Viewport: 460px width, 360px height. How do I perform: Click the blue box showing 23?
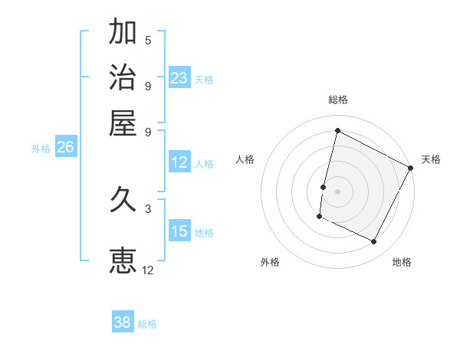pyautogui.click(x=179, y=78)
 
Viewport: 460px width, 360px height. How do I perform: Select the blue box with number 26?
pyautogui.click(x=65, y=148)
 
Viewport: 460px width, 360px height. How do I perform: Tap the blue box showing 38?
pyautogui.click(x=123, y=322)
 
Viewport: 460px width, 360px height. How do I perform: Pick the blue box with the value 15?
pyautogui.click(x=179, y=231)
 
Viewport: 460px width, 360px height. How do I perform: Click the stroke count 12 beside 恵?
pyautogui.click(x=148, y=270)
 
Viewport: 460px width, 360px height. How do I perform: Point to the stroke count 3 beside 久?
pyautogui.click(x=148, y=208)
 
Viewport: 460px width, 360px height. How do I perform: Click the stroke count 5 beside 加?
pyautogui.click(x=148, y=40)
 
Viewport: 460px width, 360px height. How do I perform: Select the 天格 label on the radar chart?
pyautogui.click(x=431, y=159)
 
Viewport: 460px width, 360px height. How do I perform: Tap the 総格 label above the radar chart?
pyautogui.click(x=338, y=100)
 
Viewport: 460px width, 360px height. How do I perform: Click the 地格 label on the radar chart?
pyautogui.click(x=402, y=262)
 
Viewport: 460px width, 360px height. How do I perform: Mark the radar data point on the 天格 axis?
pyautogui.click(x=412, y=168)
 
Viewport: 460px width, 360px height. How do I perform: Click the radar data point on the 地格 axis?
pyautogui.click(x=374, y=242)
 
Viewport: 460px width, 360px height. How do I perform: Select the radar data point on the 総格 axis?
pyautogui.click(x=337, y=130)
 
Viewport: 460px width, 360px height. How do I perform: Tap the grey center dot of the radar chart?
pyautogui.click(x=337, y=190)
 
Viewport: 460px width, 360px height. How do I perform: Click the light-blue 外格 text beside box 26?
pyautogui.click(x=41, y=149)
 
